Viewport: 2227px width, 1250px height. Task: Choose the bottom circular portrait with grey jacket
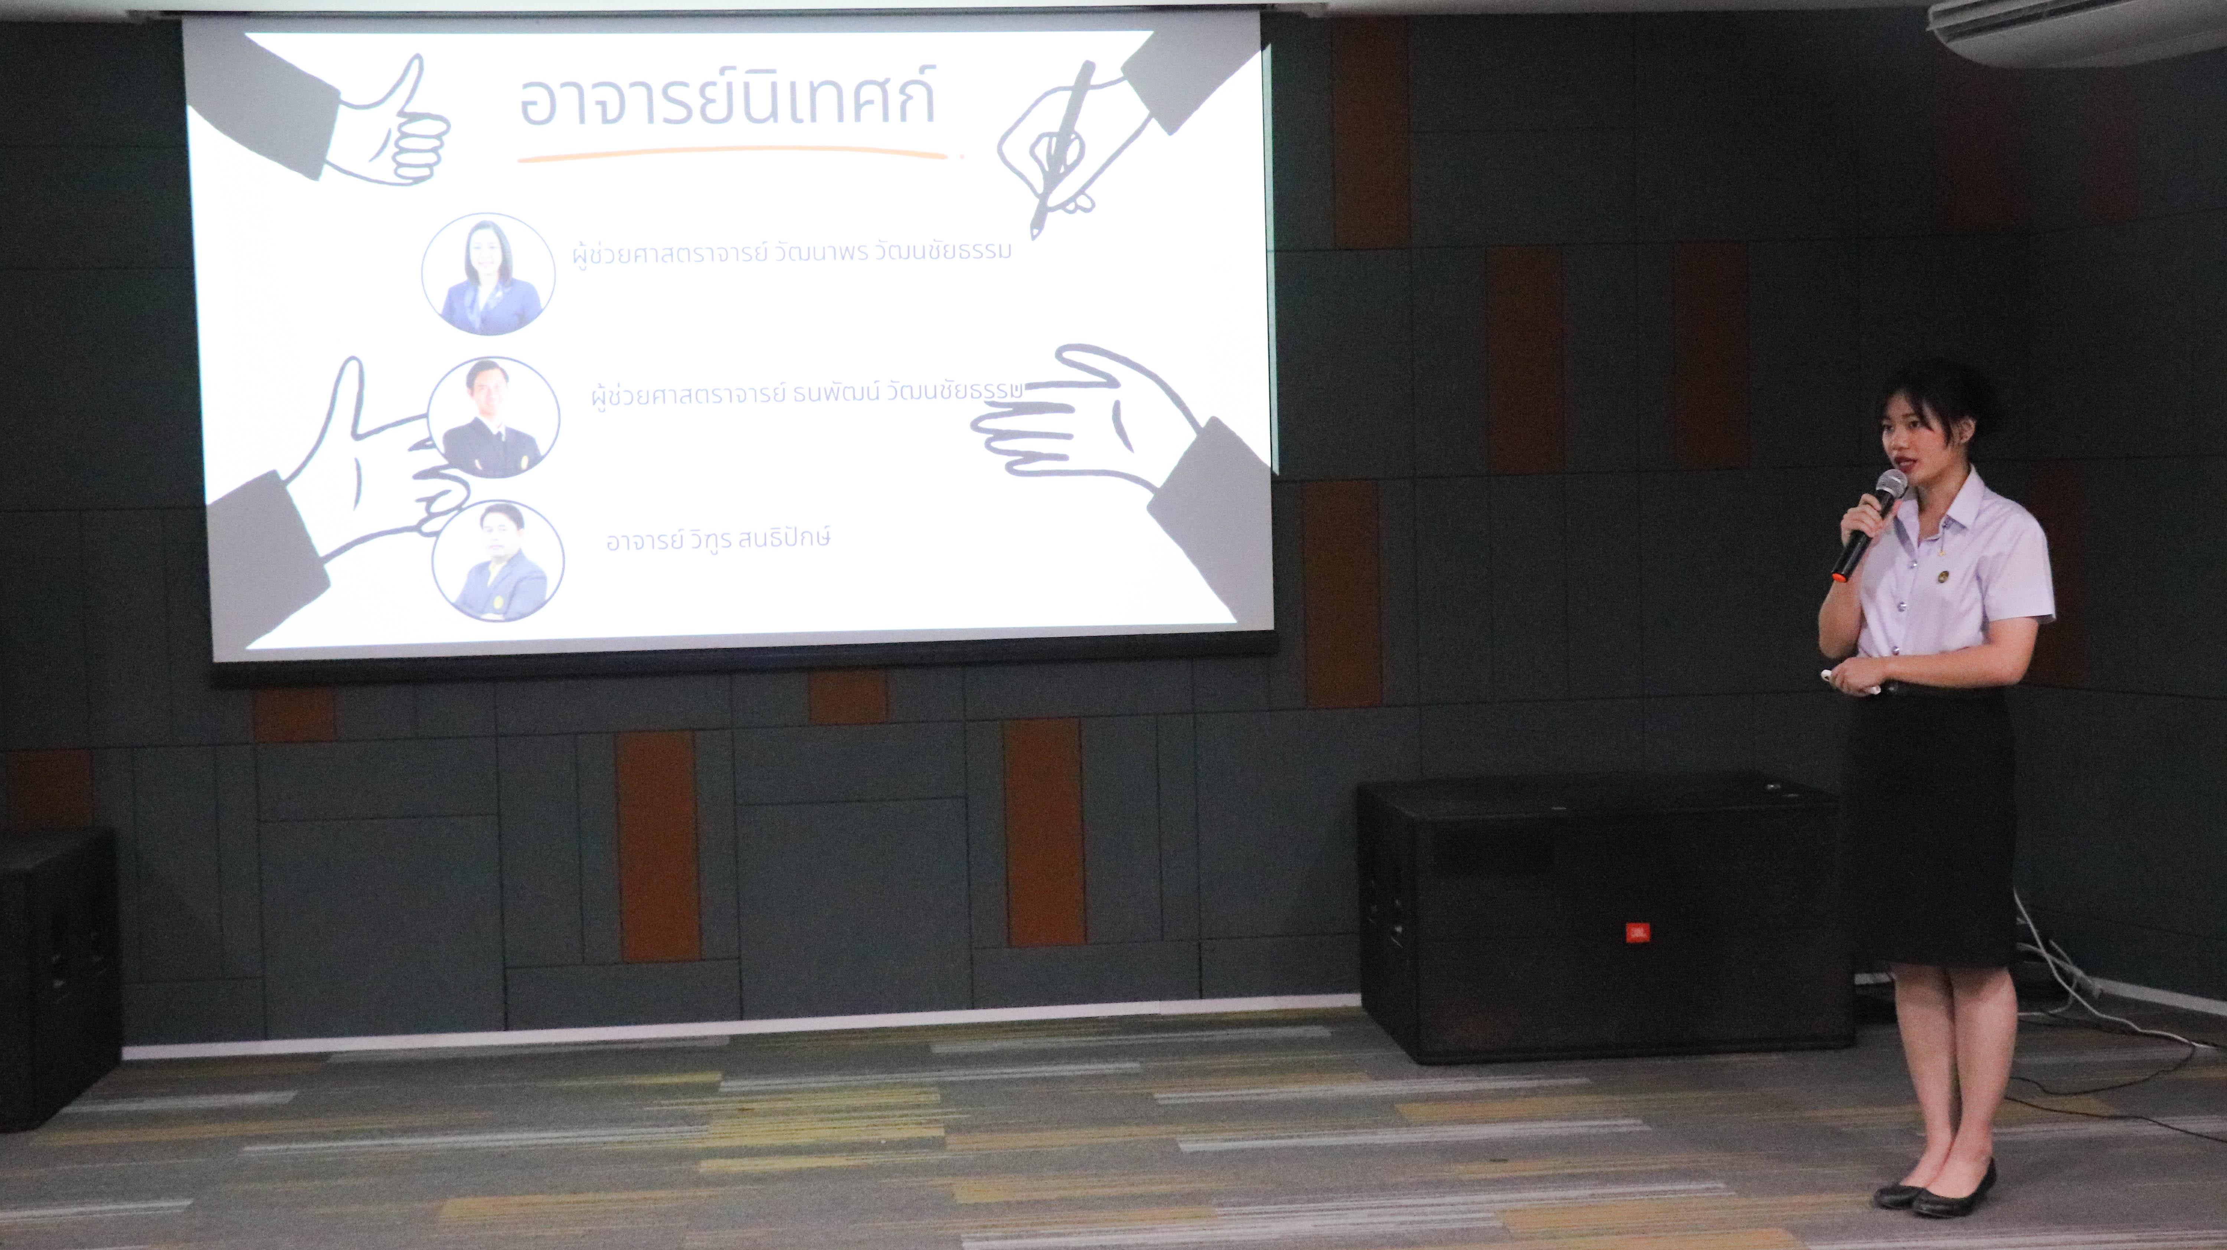tap(498, 560)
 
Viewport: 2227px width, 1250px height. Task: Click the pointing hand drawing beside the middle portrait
tap(372, 458)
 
